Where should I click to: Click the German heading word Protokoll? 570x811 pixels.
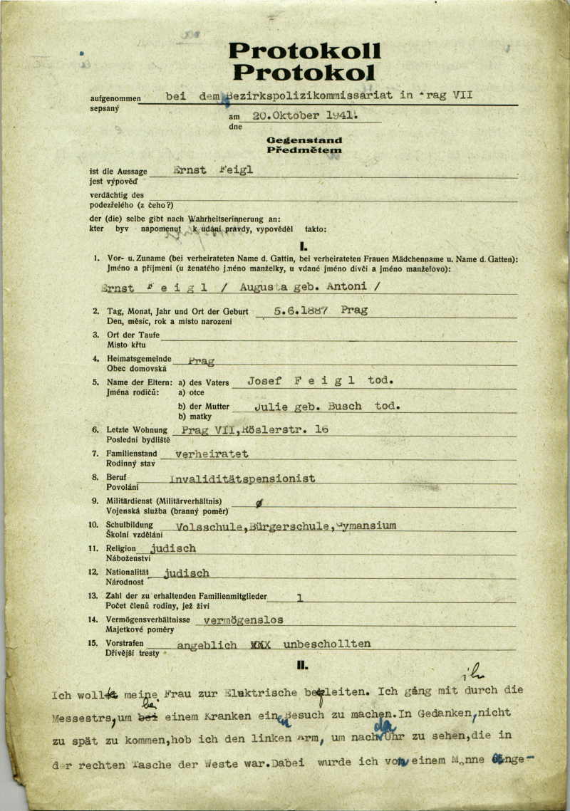(304, 51)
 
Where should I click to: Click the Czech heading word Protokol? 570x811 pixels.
(304, 72)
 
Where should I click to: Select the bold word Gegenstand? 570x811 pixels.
(304, 140)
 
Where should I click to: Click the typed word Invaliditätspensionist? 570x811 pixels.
(242, 478)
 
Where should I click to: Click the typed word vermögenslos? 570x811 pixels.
(243, 619)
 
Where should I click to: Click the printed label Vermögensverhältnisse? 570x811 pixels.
(152, 620)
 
